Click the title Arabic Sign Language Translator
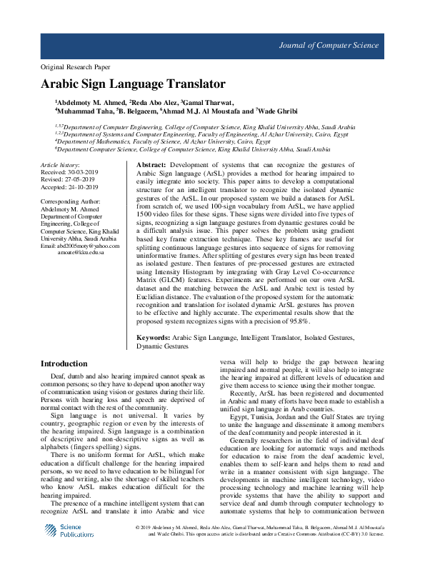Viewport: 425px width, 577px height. (133, 84)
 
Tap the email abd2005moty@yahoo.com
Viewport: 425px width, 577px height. (88, 246)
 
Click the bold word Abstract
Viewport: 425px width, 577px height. (151, 165)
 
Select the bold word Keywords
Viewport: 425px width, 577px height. (154, 336)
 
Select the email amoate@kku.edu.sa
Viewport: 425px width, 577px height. (81, 253)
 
